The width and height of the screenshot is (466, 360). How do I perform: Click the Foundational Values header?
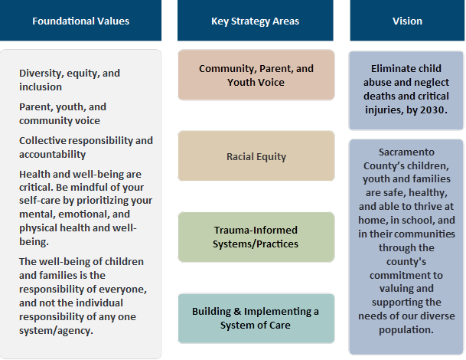(80, 20)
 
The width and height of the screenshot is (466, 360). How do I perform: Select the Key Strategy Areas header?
(256, 20)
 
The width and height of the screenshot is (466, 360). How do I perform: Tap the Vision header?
(407, 20)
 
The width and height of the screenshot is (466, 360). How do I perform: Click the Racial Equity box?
(256, 156)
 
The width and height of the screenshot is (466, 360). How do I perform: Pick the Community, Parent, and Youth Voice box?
(256, 75)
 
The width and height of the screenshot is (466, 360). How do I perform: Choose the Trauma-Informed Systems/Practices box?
(256, 237)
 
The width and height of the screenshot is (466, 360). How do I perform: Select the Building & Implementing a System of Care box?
(256, 319)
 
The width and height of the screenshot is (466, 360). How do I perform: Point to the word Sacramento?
(406, 152)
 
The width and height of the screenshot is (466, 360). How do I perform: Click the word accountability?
(52, 155)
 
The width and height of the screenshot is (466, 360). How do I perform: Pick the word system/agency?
(56, 331)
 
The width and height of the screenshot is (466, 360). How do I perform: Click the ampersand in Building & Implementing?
(237, 312)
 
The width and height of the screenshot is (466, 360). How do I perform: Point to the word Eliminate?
(388, 69)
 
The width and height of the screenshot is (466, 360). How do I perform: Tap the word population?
(406, 330)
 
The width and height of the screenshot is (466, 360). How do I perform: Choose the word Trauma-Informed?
(256, 230)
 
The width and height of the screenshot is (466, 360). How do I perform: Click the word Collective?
(43, 140)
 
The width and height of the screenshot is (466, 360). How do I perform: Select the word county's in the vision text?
(406, 262)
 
